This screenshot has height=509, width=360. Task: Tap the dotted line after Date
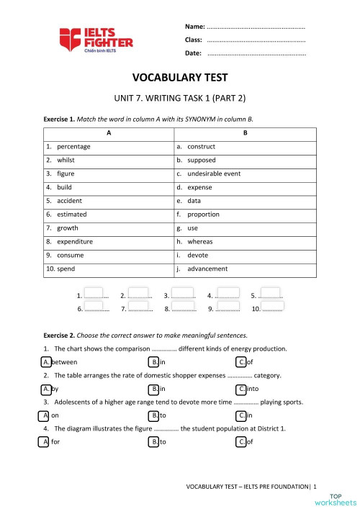256,53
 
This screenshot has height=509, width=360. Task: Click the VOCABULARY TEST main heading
180,77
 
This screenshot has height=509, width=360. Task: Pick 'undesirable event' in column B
214,174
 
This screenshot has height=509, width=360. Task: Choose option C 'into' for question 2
241,389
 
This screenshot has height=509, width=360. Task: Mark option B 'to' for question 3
153,415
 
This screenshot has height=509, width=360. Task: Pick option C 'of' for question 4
241,442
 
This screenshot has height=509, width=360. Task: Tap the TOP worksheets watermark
343,499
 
